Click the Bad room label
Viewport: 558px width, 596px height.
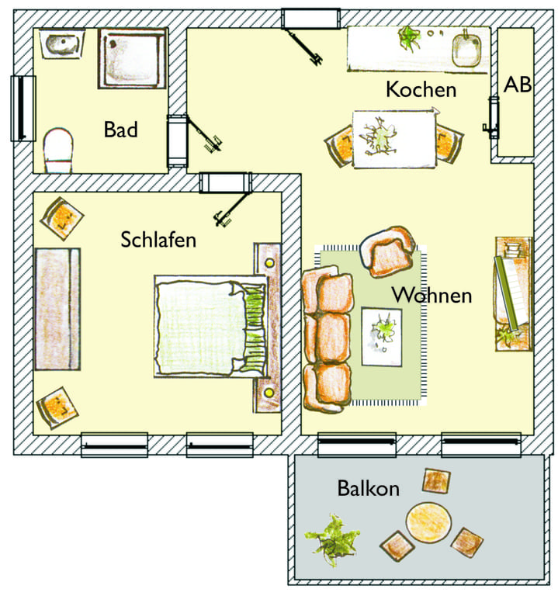point(120,130)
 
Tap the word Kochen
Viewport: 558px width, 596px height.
point(421,90)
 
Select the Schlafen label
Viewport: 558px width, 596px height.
point(158,240)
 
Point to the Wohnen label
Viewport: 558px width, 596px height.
point(431,295)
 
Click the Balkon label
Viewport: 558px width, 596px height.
point(369,488)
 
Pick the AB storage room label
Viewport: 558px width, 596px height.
point(518,85)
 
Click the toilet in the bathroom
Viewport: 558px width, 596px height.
point(58,151)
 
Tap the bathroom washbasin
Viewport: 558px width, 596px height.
point(62,43)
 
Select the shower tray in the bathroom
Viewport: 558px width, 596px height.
point(132,58)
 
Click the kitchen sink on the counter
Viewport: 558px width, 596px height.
point(466,51)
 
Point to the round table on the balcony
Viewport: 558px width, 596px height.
point(428,521)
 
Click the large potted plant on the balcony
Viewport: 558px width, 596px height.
point(332,539)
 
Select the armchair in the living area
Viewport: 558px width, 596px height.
point(387,251)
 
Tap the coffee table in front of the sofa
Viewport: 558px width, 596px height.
point(382,336)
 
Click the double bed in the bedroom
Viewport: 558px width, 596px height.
point(211,326)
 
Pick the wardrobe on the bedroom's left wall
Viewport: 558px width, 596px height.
point(57,309)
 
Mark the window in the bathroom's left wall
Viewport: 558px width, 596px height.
point(23,109)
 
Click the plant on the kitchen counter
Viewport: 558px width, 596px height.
point(409,37)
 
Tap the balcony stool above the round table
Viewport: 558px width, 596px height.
point(436,480)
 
